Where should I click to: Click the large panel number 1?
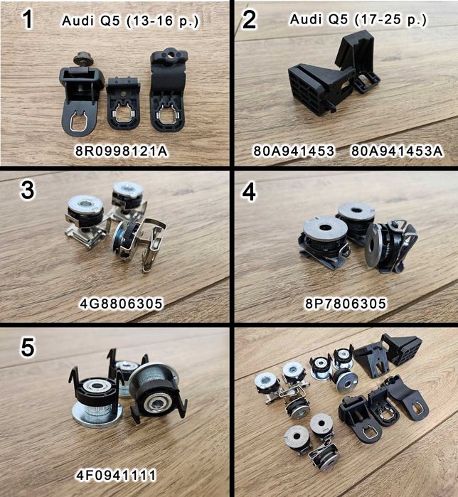28,19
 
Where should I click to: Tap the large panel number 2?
249,19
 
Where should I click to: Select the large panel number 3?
27,190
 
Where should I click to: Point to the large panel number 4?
249,192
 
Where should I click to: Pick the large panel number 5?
28,347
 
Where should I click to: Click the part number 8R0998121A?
122,151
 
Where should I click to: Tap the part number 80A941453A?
397,151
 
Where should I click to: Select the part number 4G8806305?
121,304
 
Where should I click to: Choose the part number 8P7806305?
346,304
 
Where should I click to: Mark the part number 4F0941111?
116,475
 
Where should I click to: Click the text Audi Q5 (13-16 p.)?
130,21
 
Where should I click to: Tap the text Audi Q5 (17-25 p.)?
358,20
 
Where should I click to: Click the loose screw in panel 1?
82,59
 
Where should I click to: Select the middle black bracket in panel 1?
122,102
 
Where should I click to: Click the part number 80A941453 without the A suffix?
294,151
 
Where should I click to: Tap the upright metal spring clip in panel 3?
153,244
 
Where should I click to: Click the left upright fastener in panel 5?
96,395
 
